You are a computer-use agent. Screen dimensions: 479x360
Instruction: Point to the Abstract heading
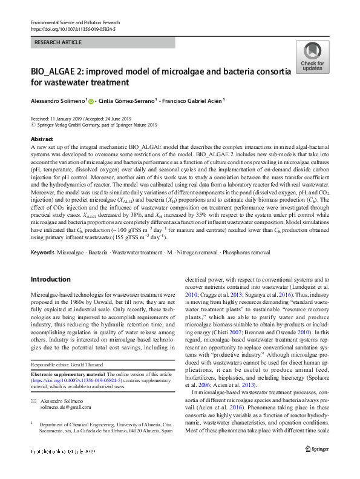(41, 139)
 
